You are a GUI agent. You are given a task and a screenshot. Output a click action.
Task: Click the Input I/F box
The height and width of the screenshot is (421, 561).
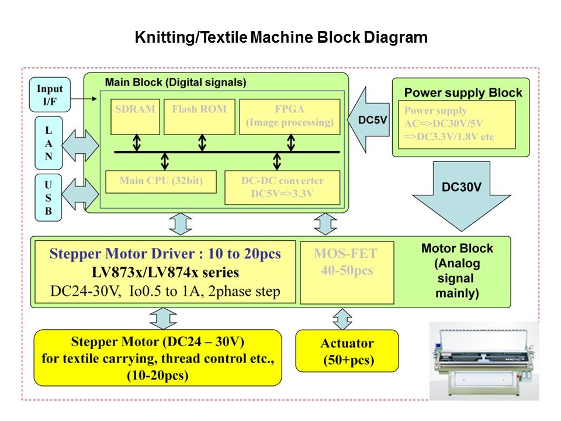click(50, 95)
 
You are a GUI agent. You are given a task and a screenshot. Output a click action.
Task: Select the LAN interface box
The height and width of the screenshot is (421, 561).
click(49, 140)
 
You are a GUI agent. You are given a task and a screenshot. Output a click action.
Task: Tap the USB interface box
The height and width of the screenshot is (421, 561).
click(49, 196)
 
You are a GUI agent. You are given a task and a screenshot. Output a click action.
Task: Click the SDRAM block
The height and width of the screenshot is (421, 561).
click(135, 116)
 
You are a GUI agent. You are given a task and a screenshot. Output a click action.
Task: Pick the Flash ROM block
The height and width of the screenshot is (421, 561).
click(199, 116)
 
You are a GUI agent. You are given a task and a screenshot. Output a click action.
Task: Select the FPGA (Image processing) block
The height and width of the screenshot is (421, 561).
click(290, 116)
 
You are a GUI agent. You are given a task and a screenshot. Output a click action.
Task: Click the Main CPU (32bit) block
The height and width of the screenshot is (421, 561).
click(161, 181)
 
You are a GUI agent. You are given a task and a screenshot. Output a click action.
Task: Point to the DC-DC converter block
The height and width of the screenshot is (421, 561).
click(282, 187)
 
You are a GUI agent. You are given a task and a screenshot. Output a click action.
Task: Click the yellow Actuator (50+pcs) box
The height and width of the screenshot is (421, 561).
click(347, 350)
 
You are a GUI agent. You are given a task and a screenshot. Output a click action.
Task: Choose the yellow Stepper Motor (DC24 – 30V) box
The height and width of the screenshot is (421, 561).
click(157, 357)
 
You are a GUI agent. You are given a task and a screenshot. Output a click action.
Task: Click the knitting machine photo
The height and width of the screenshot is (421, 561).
click(484, 360)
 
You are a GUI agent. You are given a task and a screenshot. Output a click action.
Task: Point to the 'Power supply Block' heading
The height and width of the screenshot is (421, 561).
click(463, 92)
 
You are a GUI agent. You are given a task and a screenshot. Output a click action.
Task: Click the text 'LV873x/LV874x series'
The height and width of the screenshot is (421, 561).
click(165, 272)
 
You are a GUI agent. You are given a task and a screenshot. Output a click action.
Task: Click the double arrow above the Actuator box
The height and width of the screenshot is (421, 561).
click(342, 319)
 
